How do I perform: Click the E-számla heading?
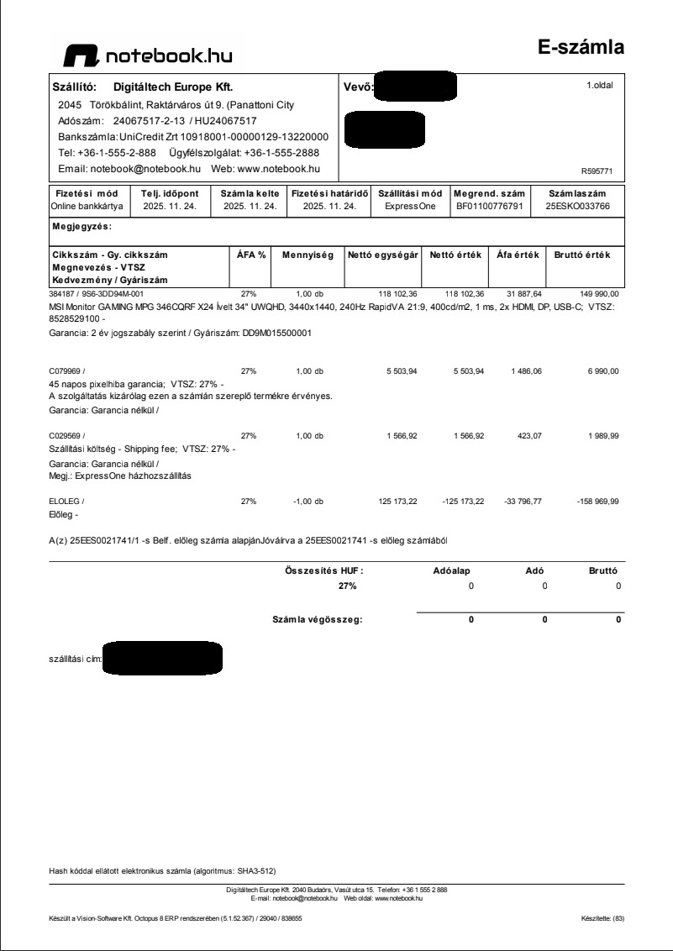tap(581, 47)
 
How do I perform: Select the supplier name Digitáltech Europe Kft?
tap(172, 87)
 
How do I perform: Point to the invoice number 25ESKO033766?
tap(577, 205)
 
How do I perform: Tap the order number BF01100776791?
tap(489, 205)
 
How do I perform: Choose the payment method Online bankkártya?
tap(87, 205)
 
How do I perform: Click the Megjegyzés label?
tap(82, 226)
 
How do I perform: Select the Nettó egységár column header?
tap(383, 255)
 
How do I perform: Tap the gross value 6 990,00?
tap(602, 370)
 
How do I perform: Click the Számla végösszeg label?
tap(317, 620)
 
